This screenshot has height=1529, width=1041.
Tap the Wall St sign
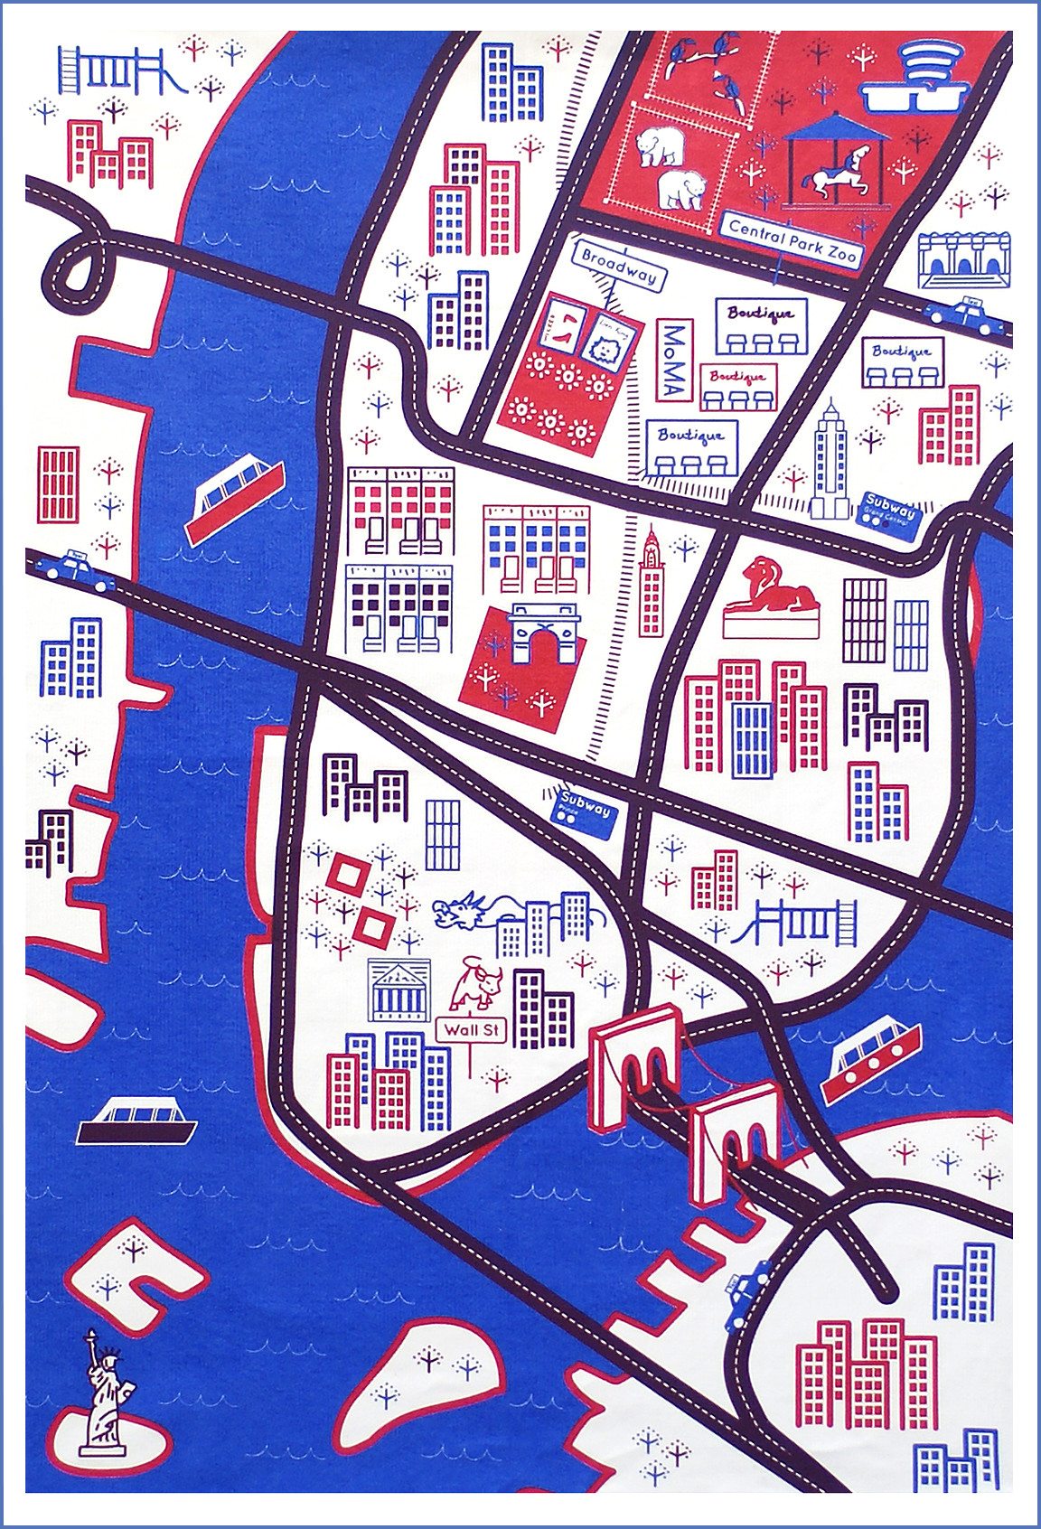[x=471, y=1030]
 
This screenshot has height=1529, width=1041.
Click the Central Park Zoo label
[x=792, y=239]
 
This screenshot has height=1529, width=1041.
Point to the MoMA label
[x=672, y=361]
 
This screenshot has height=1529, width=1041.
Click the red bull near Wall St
[x=476, y=985]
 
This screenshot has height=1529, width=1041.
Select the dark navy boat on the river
[x=136, y=1122]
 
